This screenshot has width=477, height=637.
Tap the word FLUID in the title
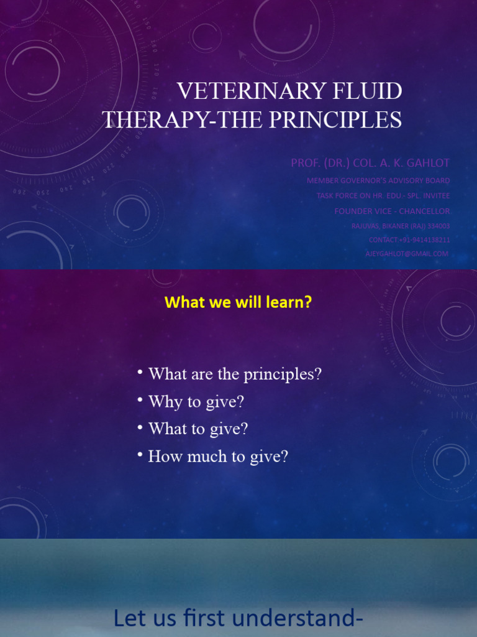pyautogui.click(x=366, y=91)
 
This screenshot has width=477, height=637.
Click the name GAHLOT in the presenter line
pyautogui.click(x=429, y=163)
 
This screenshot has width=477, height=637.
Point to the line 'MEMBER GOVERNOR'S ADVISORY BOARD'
pyautogui.click(x=378, y=180)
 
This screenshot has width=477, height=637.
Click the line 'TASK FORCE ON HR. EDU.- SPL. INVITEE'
pyautogui.click(x=383, y=195)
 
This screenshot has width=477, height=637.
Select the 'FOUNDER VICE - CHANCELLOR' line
pyautogui.click(x=392, y=211)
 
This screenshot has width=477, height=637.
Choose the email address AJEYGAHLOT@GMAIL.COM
pyautogui.click(x=407, y=254)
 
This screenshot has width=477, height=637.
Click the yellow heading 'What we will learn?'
pyautogui.click(x=238, y=303)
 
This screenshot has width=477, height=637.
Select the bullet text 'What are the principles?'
pyautogui.click(x=235, y=374)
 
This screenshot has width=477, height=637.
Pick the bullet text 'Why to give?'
pyautogui.click(x=196, y=402)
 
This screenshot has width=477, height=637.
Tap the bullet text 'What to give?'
pyautogui.click(x=198, y=429)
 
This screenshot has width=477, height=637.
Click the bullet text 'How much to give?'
pyautogui.click(x=218, y=457)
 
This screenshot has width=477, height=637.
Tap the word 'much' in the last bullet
pyautogui.click(x=208, y=457)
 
